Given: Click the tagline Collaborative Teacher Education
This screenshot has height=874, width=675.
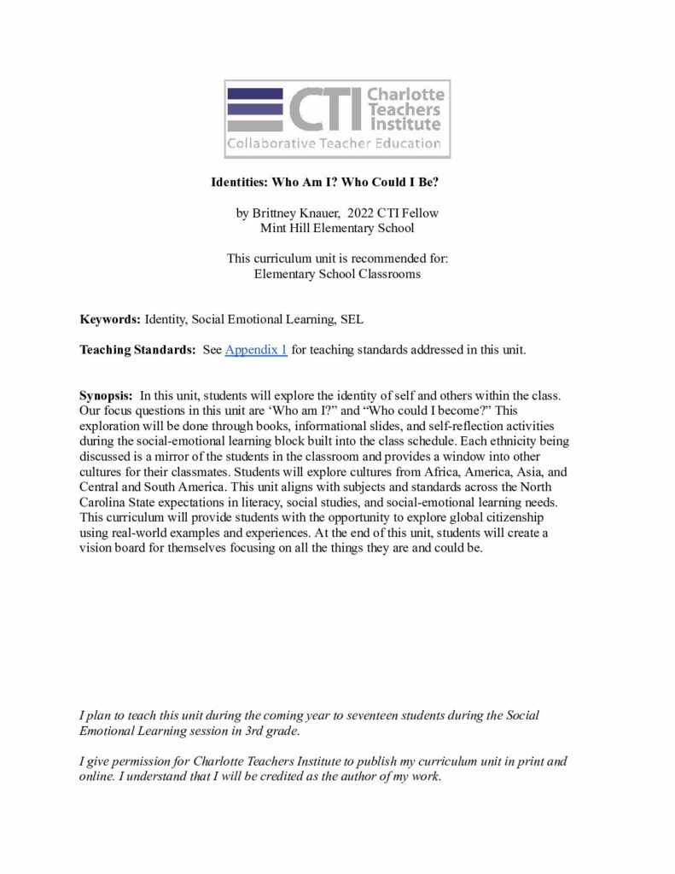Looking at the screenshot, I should tap(334, 143).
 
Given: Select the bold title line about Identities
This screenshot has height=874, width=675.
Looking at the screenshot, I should tap(337, 183).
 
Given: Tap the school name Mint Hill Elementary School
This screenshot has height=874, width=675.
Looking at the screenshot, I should tap(337, 228).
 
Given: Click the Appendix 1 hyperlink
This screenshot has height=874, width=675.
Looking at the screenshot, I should tap(256, 350).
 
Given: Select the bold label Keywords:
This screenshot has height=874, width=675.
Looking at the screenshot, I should tap(110, 320).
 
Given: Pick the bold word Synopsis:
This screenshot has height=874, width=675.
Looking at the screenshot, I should tap(107, 395).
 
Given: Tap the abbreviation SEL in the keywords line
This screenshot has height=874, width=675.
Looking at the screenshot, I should tap(352, 320).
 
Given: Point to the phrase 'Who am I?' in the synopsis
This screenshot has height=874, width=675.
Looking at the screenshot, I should tap(304, 411).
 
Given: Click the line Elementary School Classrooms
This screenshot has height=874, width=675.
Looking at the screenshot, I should tap(337, 274).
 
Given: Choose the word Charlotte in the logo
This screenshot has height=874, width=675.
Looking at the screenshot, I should tap(405, 94).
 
